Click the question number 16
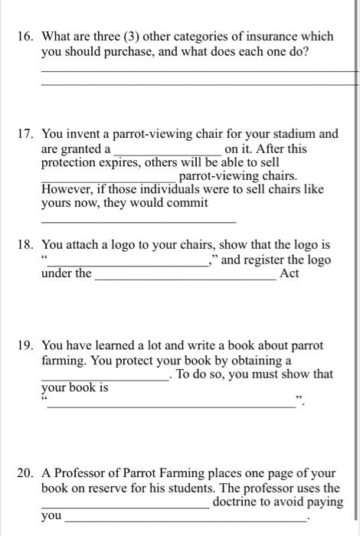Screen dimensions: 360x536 28,37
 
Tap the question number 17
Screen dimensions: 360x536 28,134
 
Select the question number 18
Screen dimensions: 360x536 28,246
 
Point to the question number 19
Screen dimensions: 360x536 28,346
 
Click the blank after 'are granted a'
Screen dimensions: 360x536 168,151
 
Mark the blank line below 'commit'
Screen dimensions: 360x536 138,221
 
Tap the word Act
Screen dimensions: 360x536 290,274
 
